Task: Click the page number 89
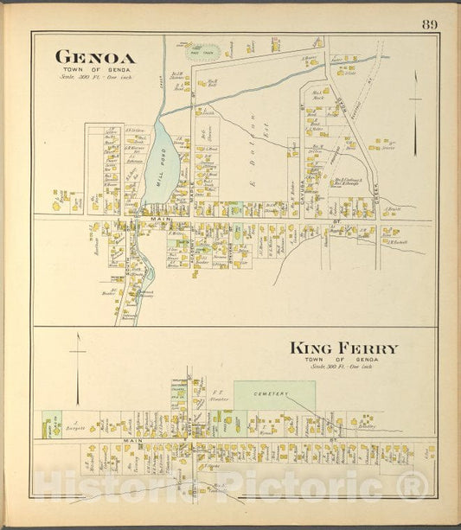(430, 23)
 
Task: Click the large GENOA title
(95, 57)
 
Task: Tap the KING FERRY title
(343, 348)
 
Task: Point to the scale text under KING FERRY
(343, 367)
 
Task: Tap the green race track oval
(204, 51)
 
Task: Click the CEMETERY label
(274, 393)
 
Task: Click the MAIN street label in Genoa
(158, 220)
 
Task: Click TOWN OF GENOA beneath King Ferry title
(343, 359)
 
